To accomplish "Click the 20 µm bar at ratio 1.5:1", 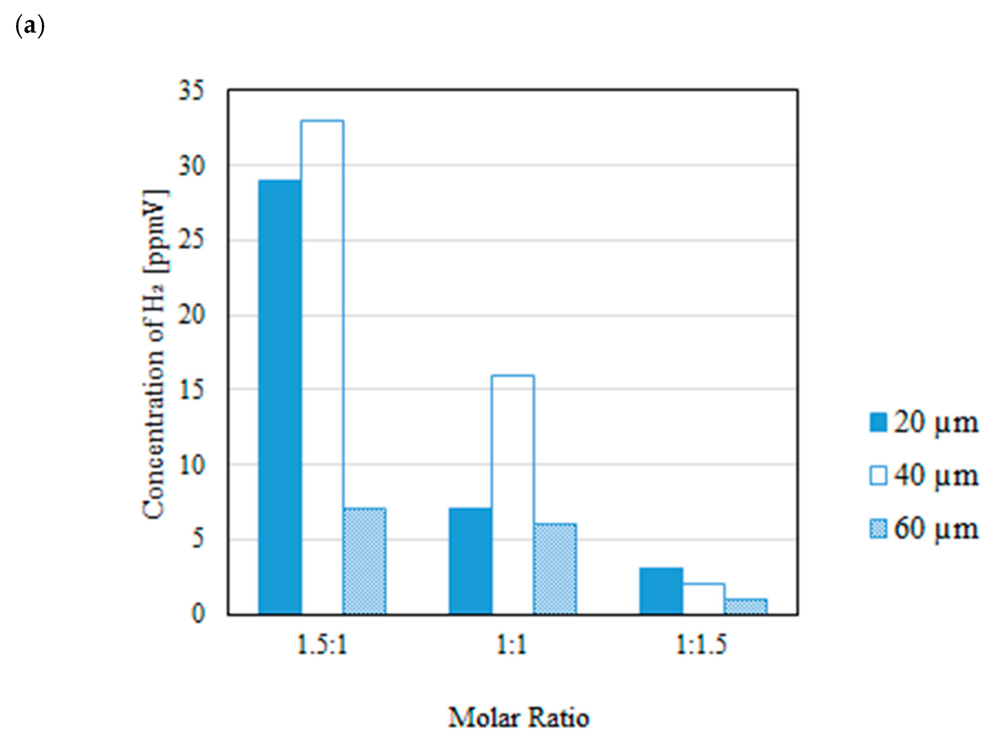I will [280, 397].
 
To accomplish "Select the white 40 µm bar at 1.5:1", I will [322, 367].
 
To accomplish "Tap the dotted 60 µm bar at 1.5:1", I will [364, 561].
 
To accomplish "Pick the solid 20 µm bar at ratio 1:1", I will [470, 561].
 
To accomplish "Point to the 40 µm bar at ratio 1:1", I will [513, 495].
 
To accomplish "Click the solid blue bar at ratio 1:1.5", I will [661, 591].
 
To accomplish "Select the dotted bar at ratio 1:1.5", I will [745, 606].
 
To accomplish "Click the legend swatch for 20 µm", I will [878, 422].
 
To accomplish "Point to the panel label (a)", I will [29, 26].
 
